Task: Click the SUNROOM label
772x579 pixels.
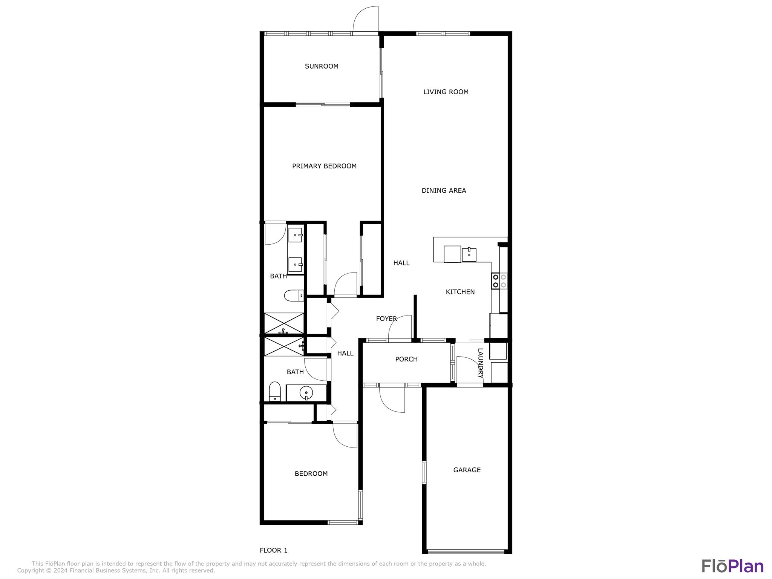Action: (x=322, y=66)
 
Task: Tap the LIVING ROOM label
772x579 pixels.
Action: (x=446, y=92)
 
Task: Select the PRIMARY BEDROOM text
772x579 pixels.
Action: (x=324, y=166)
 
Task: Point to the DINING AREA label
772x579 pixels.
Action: (x=444, y=191)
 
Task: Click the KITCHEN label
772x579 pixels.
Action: (x=460, y=292)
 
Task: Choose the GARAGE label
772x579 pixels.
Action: (x=467, y=470)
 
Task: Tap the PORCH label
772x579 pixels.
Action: (x=406, y=359)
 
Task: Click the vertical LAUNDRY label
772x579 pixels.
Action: (x=480, y=363)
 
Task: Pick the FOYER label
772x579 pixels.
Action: (x=386, y=319)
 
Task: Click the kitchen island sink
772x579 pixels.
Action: (x=469, y=254)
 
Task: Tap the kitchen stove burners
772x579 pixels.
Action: (x=499, y=281)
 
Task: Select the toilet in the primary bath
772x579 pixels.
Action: (x=294, y=296)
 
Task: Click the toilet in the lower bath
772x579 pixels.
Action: (x=275, y=392)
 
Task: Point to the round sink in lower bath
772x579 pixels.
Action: (x=306, y=393)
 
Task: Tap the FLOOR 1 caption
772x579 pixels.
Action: (x=274, y=550)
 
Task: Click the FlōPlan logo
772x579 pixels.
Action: (x=732, y=566)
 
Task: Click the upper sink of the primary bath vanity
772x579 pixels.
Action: (x=296, y=235)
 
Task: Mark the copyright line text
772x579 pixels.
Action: (x=116, y=571)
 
